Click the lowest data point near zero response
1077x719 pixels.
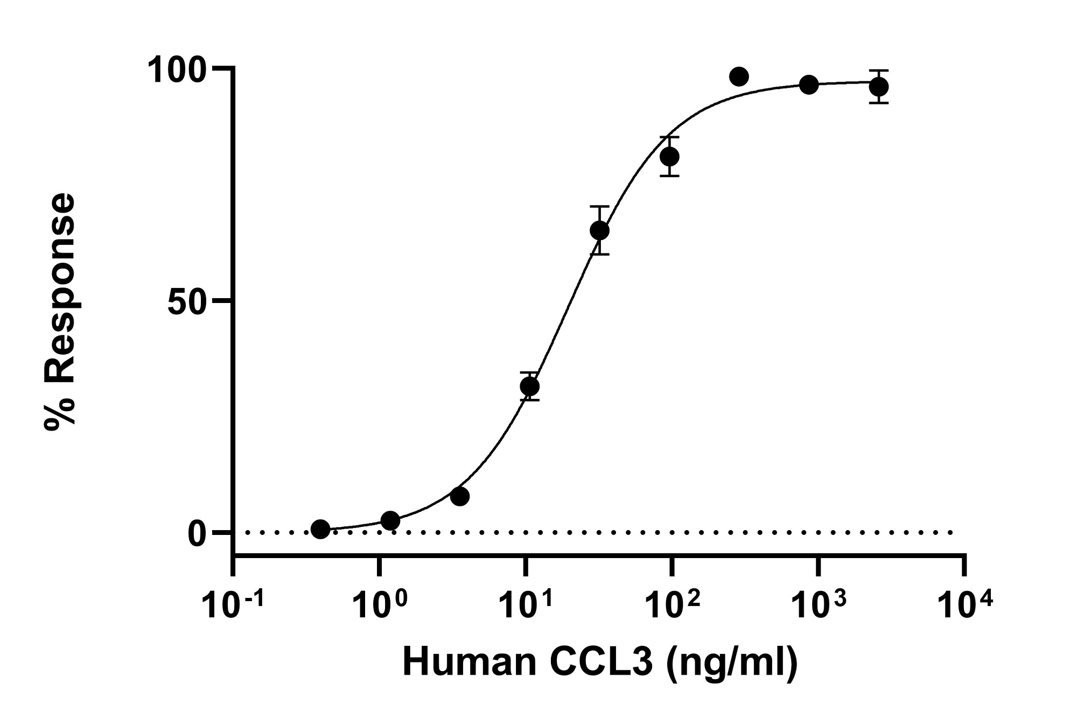pyautogui.click(x=320, y=529)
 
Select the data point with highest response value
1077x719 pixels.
pyautogui.click(x=739, y=77)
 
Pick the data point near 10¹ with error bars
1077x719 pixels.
pyautogui.click(x=530, y=386)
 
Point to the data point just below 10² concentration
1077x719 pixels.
pyautogui.click(x=669, y=157)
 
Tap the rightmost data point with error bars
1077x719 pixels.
pyautogui.click(x=878, y=87)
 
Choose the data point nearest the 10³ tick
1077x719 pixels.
pyautogui.click(x=809, y=84)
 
